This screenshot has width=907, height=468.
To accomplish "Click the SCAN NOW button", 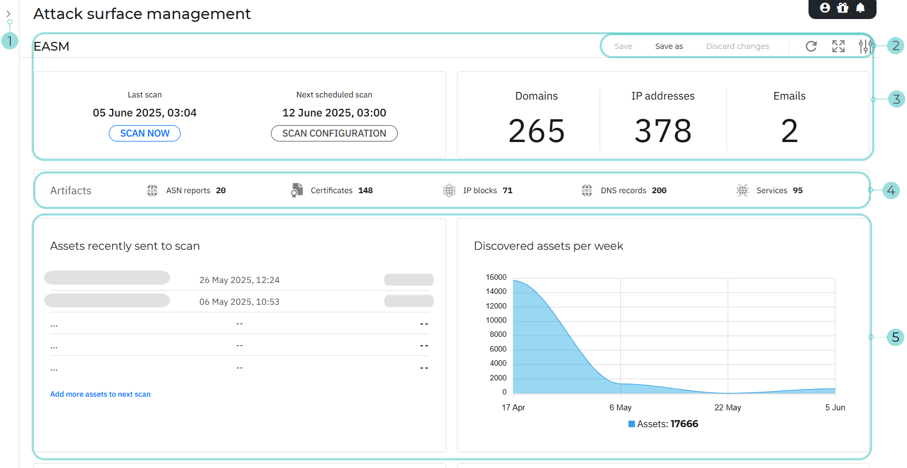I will pos(145,133).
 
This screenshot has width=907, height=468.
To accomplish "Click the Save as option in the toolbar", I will pos(669,46).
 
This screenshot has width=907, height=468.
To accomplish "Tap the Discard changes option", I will pos(737,46).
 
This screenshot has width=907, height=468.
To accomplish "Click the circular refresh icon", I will pos(811,46).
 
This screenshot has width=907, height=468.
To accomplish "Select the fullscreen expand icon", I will pos(838,46).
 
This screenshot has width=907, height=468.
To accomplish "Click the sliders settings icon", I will pos(865,46).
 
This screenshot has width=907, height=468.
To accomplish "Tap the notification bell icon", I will pos(860,8).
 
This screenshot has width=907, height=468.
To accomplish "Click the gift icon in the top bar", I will pos(843,8).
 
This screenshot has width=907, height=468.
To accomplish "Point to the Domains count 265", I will pos(536,131).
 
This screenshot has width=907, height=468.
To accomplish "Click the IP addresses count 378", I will pos(663,131).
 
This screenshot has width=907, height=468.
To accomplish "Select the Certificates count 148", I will pos(366,190).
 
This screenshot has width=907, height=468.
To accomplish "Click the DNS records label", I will pos(624,190).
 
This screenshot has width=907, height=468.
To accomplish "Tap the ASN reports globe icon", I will pos(152,190).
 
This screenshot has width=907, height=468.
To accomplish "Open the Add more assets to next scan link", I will pos(100,394).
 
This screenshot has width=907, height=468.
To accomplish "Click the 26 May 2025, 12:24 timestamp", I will pos(239,280).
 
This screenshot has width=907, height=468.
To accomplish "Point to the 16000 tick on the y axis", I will pos(496,277).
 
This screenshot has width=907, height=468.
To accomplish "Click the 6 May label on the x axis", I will pos(620,407).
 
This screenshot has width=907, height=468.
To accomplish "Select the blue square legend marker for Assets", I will pos(632,424).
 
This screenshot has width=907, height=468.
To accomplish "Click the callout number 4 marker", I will pos(891,190).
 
